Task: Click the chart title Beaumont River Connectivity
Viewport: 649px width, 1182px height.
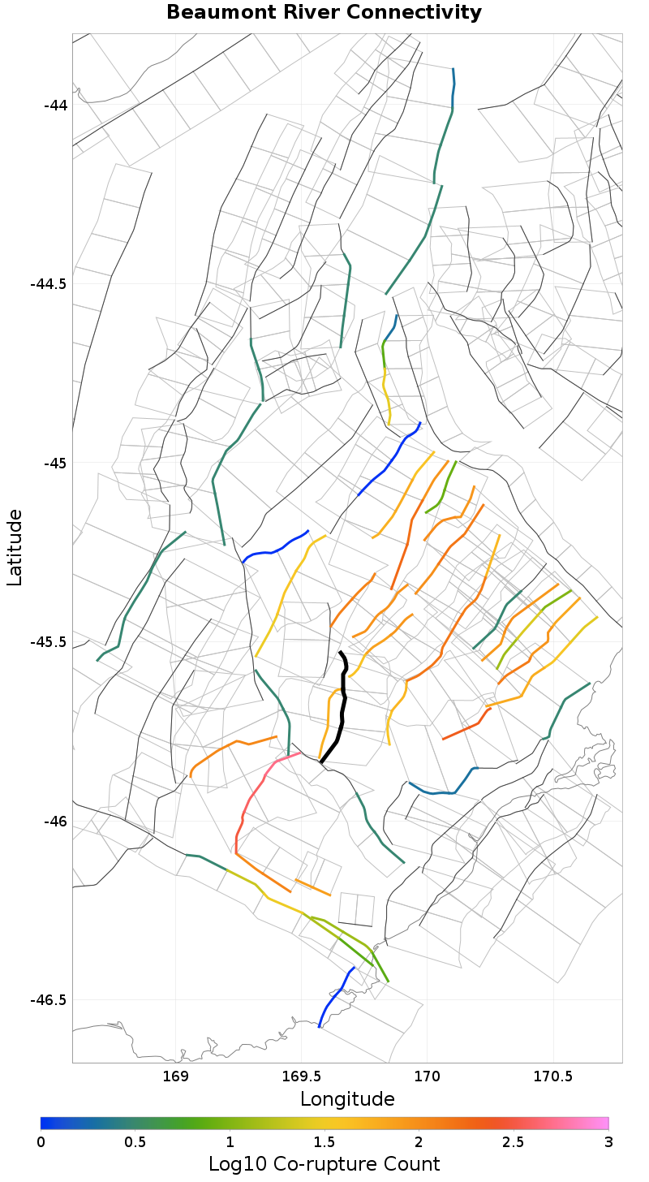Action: click(x=324, y=13)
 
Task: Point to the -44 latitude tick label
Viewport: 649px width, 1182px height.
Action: click(x=56, y=106)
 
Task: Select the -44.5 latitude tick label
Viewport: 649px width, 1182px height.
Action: click(x=49, y=284)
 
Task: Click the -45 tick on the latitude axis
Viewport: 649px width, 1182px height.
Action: click(x=56, y=464)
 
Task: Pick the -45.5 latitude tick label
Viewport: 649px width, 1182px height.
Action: click(x=49, y=642)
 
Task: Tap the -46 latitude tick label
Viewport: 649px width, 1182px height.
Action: click(x=56, y=821)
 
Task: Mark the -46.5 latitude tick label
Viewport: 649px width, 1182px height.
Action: click(x=49, y=999)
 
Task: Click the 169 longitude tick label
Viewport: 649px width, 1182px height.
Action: click(x=176, y=1077)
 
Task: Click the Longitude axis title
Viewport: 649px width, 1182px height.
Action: click(x=347, y=1099)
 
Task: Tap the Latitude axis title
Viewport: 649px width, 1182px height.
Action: click(x=15, y=547)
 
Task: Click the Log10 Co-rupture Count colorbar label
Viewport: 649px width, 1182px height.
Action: click(x=324, y=1164)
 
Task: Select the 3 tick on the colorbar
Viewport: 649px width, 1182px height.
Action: click(x=608, y=1141)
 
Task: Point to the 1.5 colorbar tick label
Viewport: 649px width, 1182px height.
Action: click(x=324, y=1141)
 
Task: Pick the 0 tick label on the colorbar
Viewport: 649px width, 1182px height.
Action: click(x=41, y=1141)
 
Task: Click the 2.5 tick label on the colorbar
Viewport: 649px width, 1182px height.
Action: click(x=514, y=1141)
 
